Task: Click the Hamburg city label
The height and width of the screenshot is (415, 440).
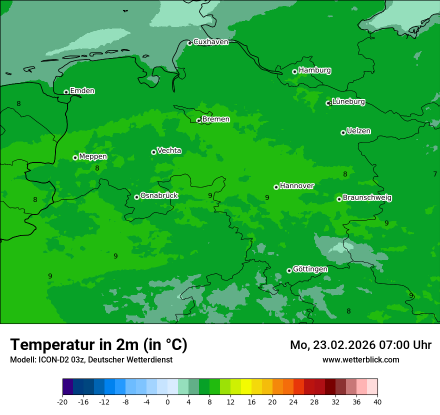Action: pyautogui.click(x=314, y=70)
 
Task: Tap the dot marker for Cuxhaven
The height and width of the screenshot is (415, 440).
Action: pyautogui.click(x=189, y=43)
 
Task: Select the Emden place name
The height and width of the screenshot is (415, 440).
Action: pyautogui.click(x=82, y=91)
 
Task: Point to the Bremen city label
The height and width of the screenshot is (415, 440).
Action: pyautogui.click(x=215, y=119)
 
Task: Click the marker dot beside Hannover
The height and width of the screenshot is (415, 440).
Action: pyautogui.click(x=276, y=187)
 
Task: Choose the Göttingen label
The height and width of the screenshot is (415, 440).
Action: pyautogui.click(x=310, y=269)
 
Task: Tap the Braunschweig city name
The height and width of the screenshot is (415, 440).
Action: pyautogui.click(x=367, y=198)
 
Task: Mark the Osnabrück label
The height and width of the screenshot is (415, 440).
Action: pyautogui.click(x=159, y=196)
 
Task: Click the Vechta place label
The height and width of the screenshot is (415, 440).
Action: pyautogui.click(x=169, y=150)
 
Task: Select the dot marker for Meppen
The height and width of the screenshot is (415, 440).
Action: pyautogui.click(x=75, y=157)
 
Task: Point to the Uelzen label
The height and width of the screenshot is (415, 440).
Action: pyautogui.click(x=358, y=131)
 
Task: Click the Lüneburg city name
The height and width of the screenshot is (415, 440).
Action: pyautogui.click(x=348, y=102)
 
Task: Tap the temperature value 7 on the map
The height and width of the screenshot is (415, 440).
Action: pyautogui.click(x=435, y=174)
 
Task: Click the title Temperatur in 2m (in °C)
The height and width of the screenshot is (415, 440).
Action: pyautogui.click(x=98, y=344)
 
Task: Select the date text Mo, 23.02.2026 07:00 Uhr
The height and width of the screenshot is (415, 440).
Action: pyautogui.click(x=360, y=345)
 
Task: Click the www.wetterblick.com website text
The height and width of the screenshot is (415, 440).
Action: pyautogui.click(x=360, y=359)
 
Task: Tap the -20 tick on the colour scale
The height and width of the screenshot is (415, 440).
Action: pyautogui.click(x=62, y=402)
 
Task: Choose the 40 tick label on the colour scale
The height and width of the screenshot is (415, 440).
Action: pyautogui.click(x=377, y=402)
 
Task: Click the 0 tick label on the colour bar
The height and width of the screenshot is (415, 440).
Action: pyautogui.click(x=167, y=402)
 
